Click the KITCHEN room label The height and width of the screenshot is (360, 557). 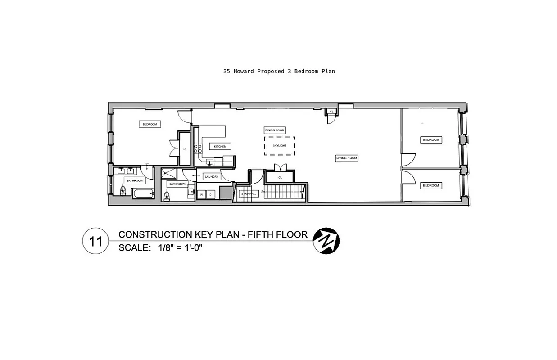(220, 147)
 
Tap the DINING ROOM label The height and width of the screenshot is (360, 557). (275, 130)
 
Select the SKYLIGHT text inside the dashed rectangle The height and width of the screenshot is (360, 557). (279, 146)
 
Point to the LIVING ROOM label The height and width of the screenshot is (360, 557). (347, 158)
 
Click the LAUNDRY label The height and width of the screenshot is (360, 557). (212, 177)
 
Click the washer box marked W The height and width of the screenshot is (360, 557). (201, 194)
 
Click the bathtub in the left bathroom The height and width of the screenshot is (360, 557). (142, 194)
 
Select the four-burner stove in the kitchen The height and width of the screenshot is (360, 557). (198, 149)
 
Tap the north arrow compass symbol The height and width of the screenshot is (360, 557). (326, 240)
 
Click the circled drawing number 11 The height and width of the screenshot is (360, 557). (95, 241)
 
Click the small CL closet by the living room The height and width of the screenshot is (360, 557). (331, 111)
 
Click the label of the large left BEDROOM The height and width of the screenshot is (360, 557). (149, 124)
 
